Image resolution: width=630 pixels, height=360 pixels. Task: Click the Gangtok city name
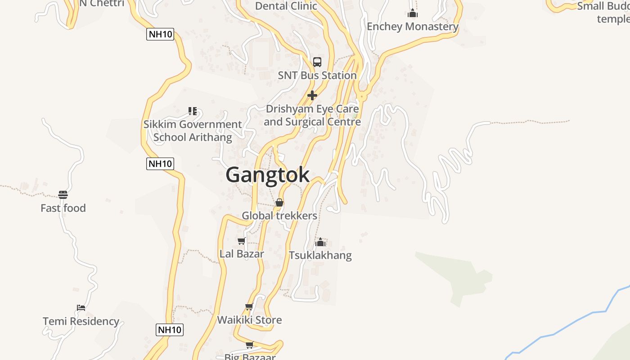click(x=267, y=175)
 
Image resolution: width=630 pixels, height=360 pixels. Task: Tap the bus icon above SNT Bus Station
click(x=317, y=62)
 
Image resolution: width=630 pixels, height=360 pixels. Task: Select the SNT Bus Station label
click(x=317, y=75)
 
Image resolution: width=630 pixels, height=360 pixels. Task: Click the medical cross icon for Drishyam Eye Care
click(x=312, y=95)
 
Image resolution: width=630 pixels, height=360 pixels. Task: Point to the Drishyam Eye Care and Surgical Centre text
click(x=312, y=115)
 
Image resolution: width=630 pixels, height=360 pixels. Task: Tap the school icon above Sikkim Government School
click(x=193, y=111)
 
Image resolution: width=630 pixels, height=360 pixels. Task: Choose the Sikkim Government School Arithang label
click(x=193, y=130)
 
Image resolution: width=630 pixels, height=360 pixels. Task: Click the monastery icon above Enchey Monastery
click(x=413, y=13)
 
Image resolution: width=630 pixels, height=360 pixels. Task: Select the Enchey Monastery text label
click(x=413, y=27)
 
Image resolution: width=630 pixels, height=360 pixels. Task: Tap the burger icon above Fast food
click(x=63, y=195)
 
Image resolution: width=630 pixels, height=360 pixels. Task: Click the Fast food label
click(x=63, y=208)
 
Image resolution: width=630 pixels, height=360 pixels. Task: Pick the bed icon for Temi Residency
click(x=81, y=308)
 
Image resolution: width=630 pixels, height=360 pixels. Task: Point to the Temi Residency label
click(x=81, y=321)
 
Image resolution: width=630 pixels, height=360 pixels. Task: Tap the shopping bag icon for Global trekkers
click(x=279, y=202)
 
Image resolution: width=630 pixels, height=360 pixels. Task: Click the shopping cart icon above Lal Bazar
click(x=242, y=241)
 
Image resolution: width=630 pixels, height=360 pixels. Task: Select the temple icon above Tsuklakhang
click(x=320, y=242)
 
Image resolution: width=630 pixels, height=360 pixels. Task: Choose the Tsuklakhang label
click(x=320, y=255)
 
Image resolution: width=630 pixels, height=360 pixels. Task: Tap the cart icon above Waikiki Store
click(x=249, y=307)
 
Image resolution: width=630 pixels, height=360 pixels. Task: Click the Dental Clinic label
click(x=286, y=6)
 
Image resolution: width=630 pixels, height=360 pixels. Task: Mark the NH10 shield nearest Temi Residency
click(x=170, y=330)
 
